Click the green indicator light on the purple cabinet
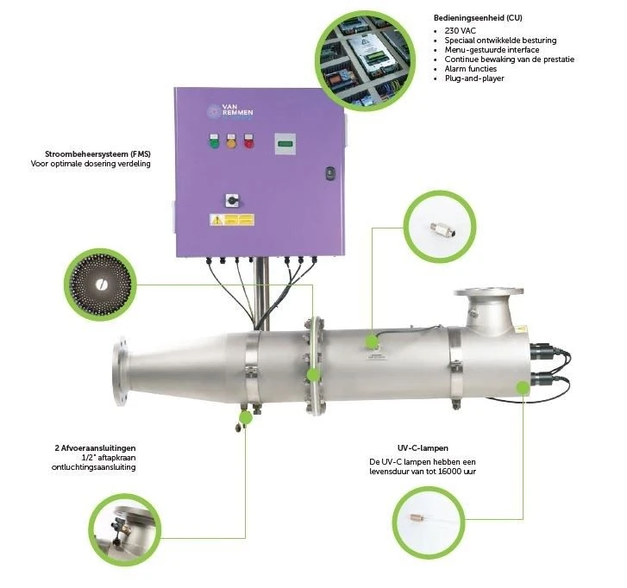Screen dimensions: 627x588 point(215,141)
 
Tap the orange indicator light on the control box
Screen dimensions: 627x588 point(231,141)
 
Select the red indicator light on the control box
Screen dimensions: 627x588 point(248,141)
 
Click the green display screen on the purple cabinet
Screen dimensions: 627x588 point(285,143)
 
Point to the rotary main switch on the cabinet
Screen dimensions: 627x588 point(232,200)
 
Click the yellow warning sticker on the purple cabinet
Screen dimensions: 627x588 point(232,220)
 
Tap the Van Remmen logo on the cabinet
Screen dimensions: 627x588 point(230,111)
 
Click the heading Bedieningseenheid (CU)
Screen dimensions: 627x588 point(478,18)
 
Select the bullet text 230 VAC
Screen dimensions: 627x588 point(461,31)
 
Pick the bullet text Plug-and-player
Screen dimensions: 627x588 point(474,78)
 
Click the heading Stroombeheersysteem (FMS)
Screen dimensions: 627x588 point(98,153)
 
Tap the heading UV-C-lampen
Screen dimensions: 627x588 point(423,448)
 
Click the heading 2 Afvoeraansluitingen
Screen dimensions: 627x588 point(95,448)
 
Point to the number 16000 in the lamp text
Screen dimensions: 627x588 point(448,472)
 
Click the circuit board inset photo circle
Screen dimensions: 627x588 point(366,60)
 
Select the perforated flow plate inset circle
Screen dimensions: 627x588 point(100,285)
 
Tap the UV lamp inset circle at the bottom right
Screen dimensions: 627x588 point(429,522)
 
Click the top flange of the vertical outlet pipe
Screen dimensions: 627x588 point(488,291)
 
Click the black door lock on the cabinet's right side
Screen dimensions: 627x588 point(330,173)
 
